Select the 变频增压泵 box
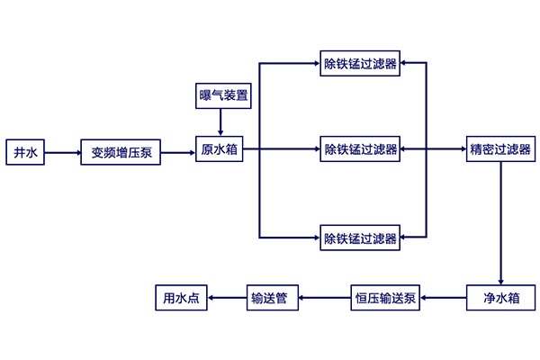[121, 153]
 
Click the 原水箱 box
[220, 148]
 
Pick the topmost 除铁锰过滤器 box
[360, 64]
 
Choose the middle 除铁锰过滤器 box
[360, 148]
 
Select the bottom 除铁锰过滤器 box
[360, 238]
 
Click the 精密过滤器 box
[499, 148]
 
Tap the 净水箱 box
[499, 297]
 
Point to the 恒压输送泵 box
[384, 297]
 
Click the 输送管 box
[274, 297]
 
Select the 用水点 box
[181, 297]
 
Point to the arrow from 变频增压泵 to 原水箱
[179, 153]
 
